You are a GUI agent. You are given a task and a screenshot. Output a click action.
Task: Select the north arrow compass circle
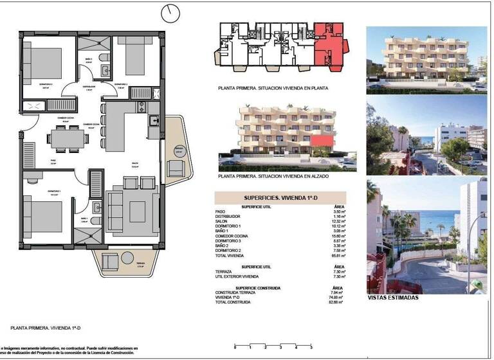[x=171, y=12]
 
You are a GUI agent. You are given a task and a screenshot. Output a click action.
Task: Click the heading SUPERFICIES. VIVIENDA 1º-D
[x=281, y=199]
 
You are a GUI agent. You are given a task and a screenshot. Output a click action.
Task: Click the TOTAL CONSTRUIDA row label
[x=231, y=301]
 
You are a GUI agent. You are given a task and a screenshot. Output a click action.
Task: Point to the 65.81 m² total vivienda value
[x=340, y=255]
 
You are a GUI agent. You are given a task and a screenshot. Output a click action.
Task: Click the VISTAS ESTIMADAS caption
[x=392, y=298]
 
